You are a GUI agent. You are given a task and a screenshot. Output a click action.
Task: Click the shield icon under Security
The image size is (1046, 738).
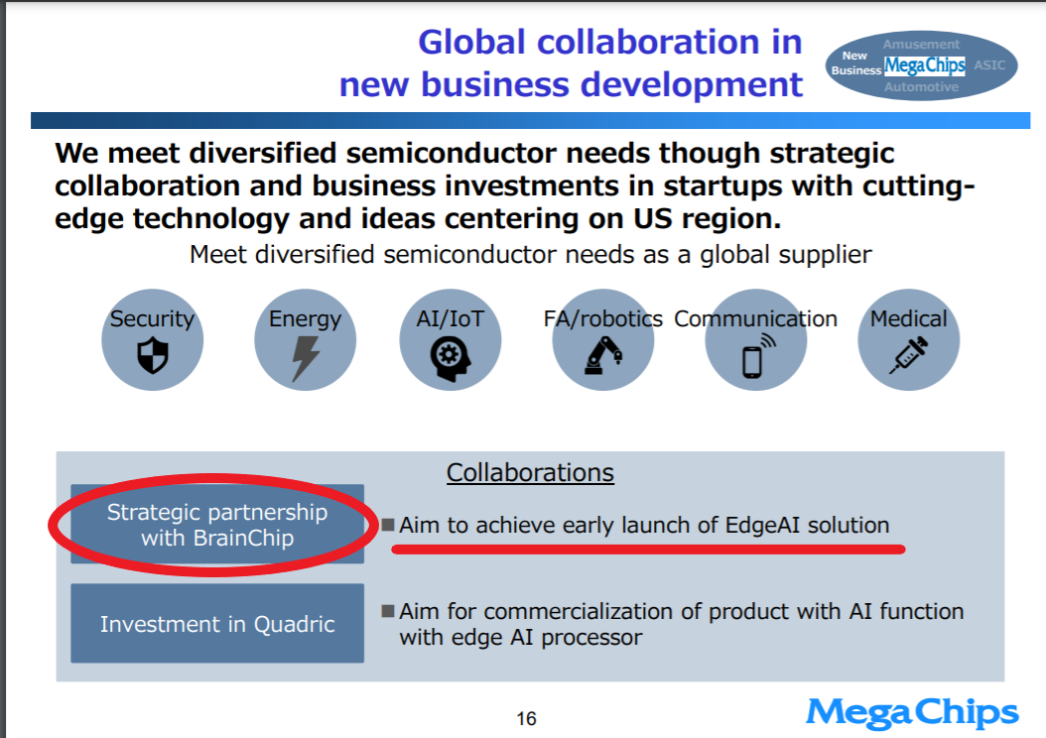coord(152,355)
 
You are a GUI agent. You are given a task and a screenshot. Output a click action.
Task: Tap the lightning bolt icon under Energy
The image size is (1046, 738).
coord(306,358)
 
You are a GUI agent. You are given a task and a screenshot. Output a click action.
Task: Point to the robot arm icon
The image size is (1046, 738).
coord(603,355)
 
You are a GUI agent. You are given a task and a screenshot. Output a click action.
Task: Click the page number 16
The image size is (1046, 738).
coord(526,719)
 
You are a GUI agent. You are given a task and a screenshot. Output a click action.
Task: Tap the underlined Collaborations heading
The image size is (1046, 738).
coord(530,473)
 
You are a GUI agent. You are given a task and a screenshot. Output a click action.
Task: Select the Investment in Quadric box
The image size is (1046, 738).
coord(217,623)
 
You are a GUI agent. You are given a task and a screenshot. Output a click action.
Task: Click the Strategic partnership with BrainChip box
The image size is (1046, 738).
coord(217,524)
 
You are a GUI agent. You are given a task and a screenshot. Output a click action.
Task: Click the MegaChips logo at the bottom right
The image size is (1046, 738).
coord(912,712)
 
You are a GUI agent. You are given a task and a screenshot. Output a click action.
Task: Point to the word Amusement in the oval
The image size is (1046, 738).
coord(921,45)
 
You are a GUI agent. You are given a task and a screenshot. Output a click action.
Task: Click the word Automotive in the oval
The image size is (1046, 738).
coord(921,86)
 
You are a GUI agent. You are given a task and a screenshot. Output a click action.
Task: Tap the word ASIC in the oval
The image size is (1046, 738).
coord(989,64)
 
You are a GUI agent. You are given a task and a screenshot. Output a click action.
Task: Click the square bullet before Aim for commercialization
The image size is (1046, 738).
coord(388,611)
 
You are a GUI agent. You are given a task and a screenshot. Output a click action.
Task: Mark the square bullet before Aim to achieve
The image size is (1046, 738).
coord(388,524)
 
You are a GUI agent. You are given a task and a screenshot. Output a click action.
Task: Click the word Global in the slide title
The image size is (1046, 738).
coord(472,42)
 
